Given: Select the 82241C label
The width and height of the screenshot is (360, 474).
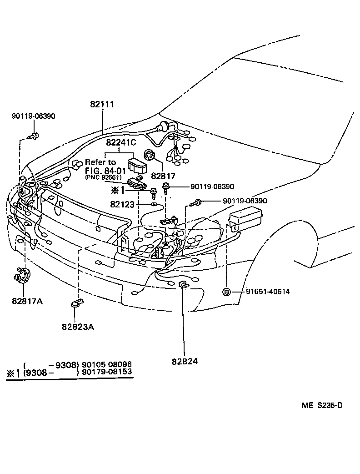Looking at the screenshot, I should [x=121, y=142].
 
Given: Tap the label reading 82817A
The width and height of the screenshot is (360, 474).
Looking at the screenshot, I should [x=27, y=301].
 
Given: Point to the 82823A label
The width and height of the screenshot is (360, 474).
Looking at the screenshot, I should [x=78, y=326].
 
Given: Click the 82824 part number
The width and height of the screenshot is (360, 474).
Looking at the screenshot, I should [x=185, y=361].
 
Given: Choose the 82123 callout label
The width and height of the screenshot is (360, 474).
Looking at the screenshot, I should [x=122, y=205].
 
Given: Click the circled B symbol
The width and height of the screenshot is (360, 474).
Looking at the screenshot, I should [x=226, y=292].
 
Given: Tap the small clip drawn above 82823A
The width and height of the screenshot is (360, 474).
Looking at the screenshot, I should [x=77, y=302].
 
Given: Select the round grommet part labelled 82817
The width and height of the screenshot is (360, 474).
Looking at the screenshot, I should [x=150, y=155].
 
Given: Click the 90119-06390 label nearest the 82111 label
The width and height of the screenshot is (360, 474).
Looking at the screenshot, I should [x=33, y=116].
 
